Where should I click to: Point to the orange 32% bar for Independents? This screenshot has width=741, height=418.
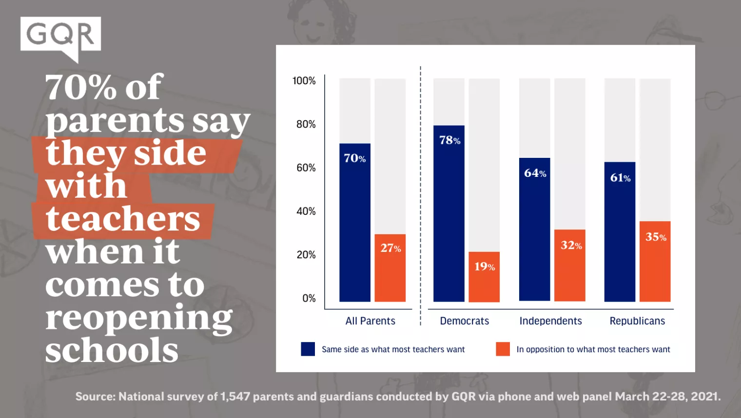pyautogui.click(x=569, y=266)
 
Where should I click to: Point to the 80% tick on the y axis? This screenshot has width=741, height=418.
pyautogui.click(x=306, y=124)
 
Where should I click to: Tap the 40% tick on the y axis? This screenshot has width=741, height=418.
pyautogui.click(x=306, y=211)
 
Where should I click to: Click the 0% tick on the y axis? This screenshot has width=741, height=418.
pyautogui.click(x=309, y=298)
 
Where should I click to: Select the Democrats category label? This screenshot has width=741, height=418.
pyautogui.click(x=464, y=321)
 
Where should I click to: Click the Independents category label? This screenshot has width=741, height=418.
pyautogui.click(x=550, y=321)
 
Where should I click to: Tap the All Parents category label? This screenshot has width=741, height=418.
pyautogui.click(x=370, y=321)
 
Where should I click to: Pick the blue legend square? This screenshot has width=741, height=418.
pyautogui.click(x=308, y=349)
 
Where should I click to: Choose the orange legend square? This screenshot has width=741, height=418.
pyautogui.click(x=503, y=349)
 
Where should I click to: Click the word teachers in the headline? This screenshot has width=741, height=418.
pyautogui.click(x=123, y=219)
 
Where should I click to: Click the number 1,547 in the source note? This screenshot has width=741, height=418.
pyautogui.click(x=235, y=397)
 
